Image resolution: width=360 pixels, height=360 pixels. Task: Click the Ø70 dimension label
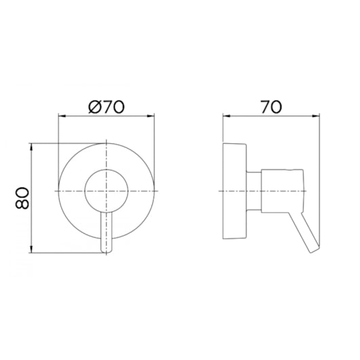point(106,107)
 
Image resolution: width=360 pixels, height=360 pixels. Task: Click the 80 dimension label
point(22,198)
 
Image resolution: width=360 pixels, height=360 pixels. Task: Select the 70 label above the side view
point(271,107)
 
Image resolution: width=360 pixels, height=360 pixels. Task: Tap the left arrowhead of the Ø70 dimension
point(62,116)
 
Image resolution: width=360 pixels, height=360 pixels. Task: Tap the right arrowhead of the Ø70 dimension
point(151,116)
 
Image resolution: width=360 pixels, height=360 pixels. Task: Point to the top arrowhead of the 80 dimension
point(31,147)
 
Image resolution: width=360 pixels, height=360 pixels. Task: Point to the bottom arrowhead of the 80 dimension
point(31,249)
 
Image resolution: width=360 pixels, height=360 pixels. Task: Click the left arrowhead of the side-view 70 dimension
point(227,116)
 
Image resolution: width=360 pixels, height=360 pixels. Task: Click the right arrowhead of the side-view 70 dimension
point(315,116)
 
